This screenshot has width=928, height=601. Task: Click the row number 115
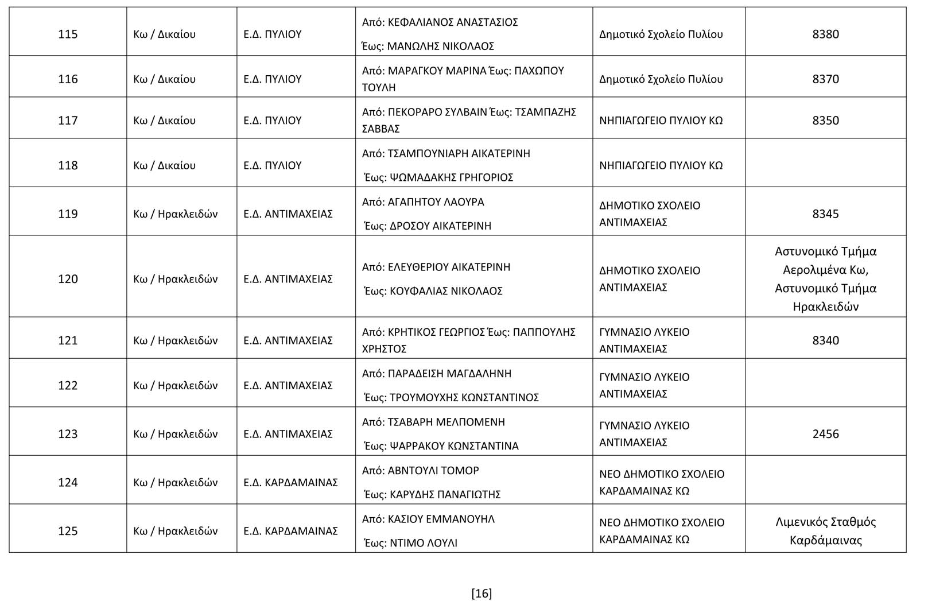(68, 34)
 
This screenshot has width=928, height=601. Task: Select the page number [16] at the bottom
(481, 594)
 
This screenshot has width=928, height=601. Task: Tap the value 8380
(825, 34)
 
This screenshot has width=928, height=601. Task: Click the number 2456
(825, 434)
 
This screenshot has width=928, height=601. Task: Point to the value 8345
(825, 214)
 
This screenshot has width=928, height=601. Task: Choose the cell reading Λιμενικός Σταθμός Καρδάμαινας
(825, 531)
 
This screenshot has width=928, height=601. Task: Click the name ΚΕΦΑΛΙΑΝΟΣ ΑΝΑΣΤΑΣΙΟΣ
(453, 22)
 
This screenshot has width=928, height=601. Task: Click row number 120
(68, 279)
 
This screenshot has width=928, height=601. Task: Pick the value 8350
(825, 121)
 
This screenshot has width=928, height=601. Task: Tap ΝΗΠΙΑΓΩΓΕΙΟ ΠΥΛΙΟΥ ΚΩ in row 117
(661, 121)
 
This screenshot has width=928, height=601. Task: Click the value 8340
(825, 340)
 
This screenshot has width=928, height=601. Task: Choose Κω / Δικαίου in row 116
(164, 79)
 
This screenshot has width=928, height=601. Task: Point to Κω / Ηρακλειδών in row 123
(175, 434)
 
